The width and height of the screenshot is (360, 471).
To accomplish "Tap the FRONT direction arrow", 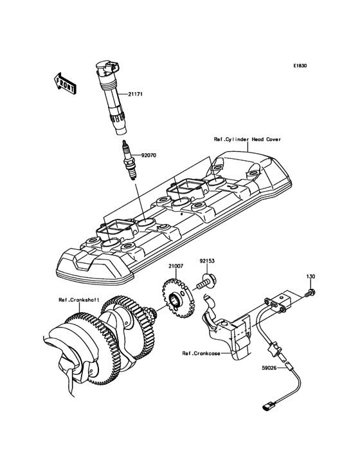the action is (64, 83).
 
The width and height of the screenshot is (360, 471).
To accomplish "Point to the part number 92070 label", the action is (149, 156).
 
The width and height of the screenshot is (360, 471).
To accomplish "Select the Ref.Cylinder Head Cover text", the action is (248, 140).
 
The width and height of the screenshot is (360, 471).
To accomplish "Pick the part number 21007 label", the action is (175, 266).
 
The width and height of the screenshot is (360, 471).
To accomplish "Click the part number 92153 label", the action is (207, 261).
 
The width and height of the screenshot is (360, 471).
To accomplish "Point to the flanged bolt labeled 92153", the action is (207, 281).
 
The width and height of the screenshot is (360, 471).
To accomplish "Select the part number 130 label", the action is (310, 276).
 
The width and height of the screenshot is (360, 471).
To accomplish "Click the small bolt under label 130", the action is (310, 293).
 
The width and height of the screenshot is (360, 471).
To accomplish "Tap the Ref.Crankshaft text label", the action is (78, 300).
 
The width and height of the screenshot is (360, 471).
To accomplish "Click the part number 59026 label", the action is (269, 367).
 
